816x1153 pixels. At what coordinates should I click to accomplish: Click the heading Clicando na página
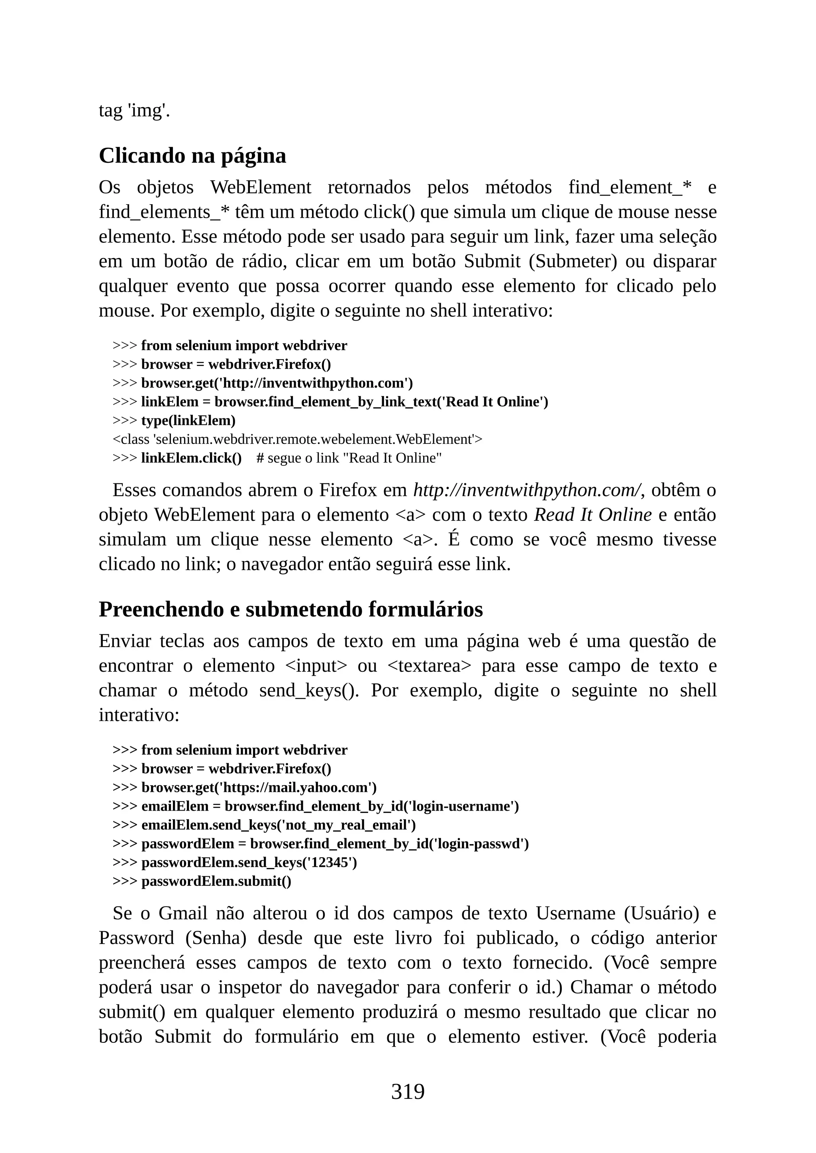192,156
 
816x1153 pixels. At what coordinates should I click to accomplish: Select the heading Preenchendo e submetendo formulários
290,609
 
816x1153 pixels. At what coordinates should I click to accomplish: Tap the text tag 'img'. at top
134,110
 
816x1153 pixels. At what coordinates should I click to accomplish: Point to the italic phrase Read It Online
593,515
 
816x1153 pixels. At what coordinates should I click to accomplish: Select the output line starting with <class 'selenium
297,440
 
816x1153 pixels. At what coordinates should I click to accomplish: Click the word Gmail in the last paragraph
182,913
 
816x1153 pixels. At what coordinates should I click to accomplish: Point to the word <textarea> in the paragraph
430,666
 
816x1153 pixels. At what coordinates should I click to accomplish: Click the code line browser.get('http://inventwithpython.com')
277,383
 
